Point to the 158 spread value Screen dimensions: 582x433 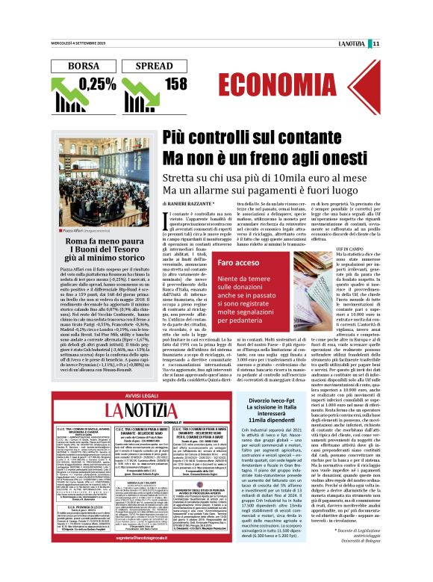tap(175, 84)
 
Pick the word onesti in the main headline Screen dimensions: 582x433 tap(346, 158)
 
